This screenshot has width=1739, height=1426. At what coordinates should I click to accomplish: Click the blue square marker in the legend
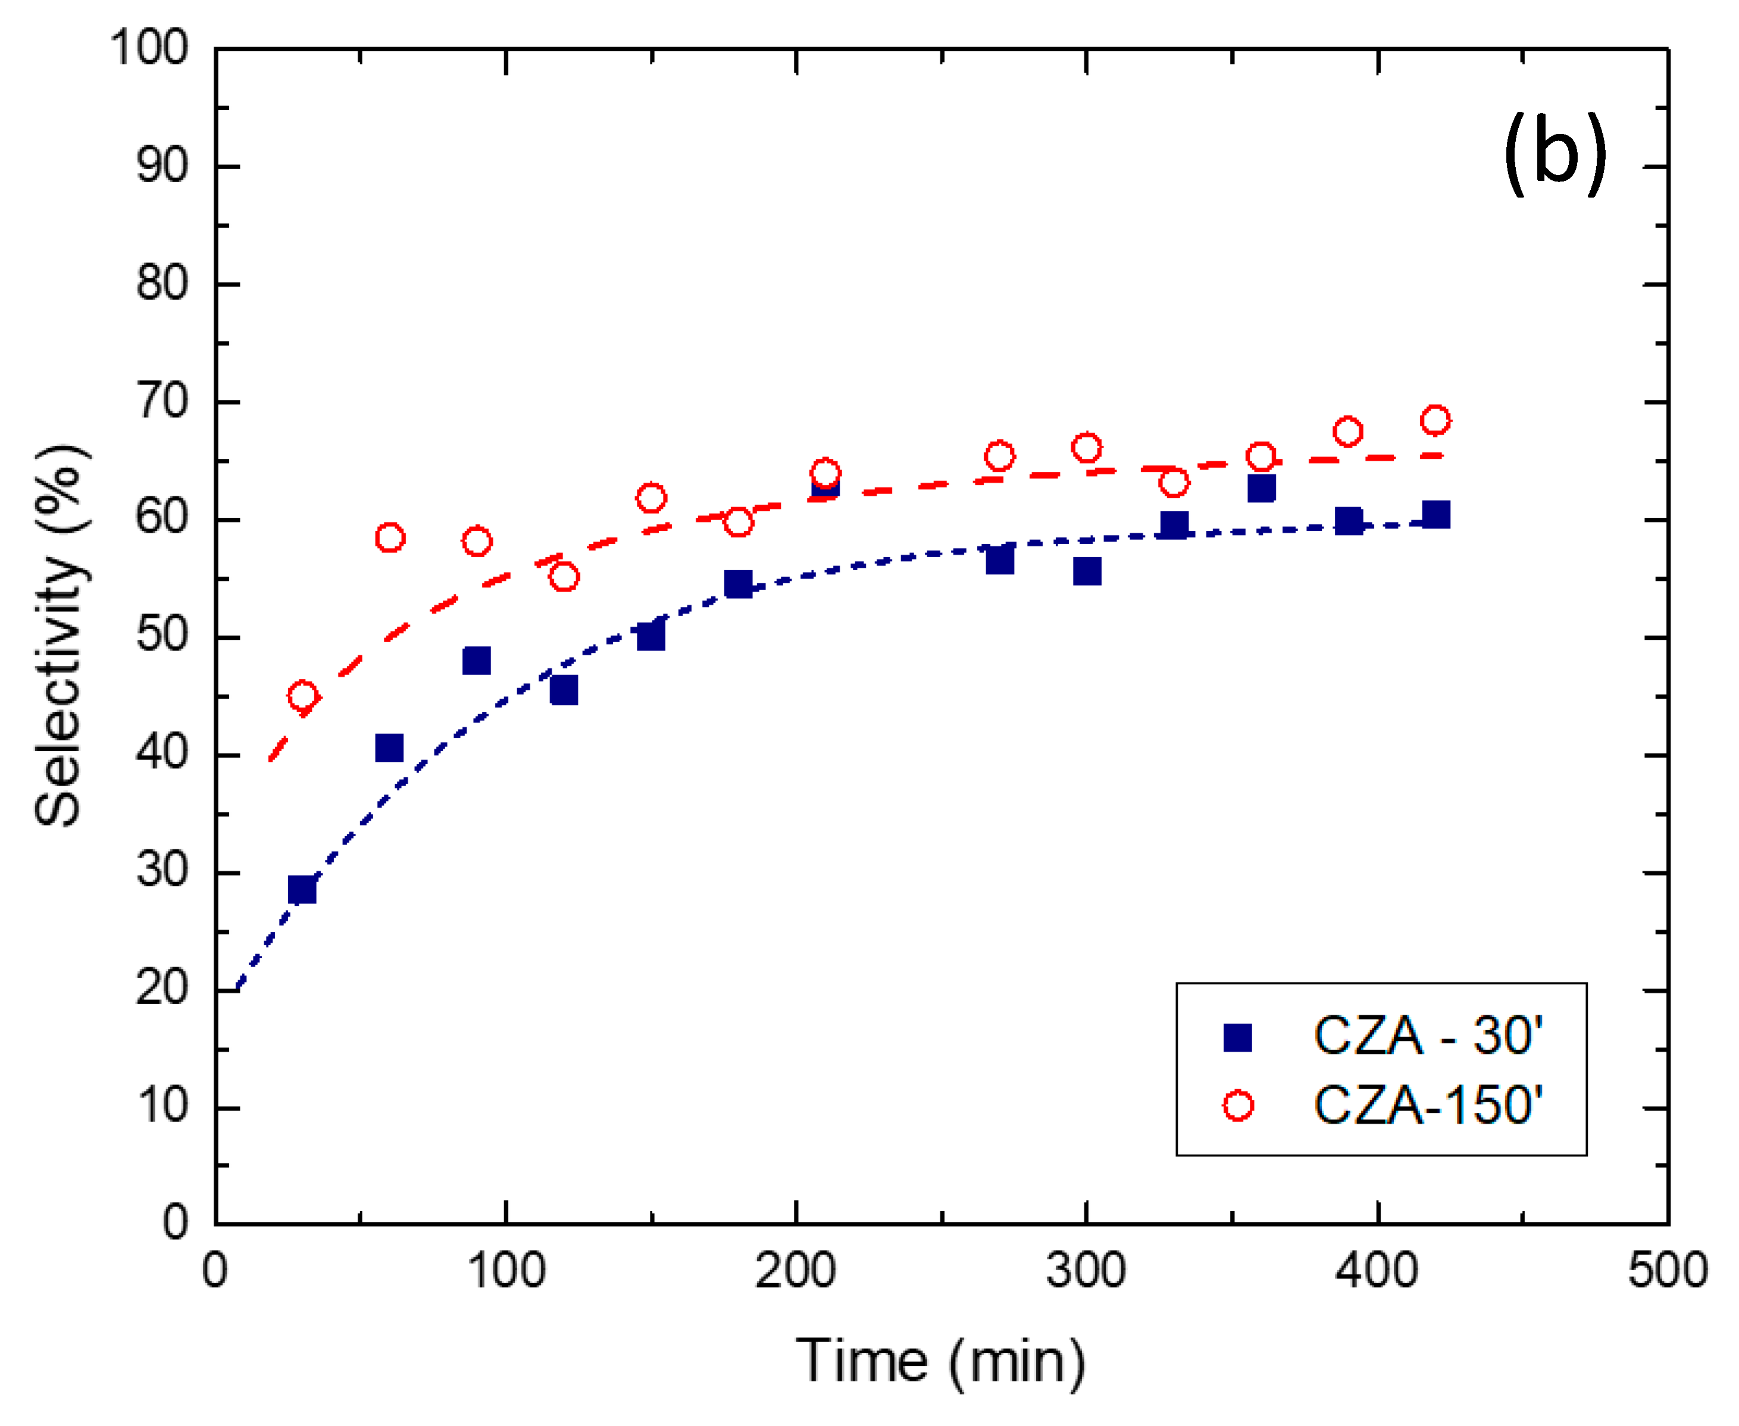click(1237, 1037)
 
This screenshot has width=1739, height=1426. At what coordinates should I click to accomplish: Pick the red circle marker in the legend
click(1237, 1106)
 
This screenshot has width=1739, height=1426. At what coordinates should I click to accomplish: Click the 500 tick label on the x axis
click(1668, 1270)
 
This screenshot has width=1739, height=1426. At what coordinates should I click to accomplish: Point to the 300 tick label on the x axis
click(1086, 1270)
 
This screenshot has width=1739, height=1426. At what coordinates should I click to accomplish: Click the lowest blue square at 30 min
click(302, 890)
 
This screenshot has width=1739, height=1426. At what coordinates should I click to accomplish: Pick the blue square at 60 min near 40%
click(389, 748)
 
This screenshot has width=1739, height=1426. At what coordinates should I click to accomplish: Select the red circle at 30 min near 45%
click(302, 696)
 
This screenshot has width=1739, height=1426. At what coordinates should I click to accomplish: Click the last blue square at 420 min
click(1435, 514)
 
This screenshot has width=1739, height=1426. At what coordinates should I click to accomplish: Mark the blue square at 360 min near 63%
click(1261, 489)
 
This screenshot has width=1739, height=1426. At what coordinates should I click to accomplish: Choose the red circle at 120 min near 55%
click(564, 577)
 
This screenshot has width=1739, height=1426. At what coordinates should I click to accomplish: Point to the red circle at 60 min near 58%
click(389, 538)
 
